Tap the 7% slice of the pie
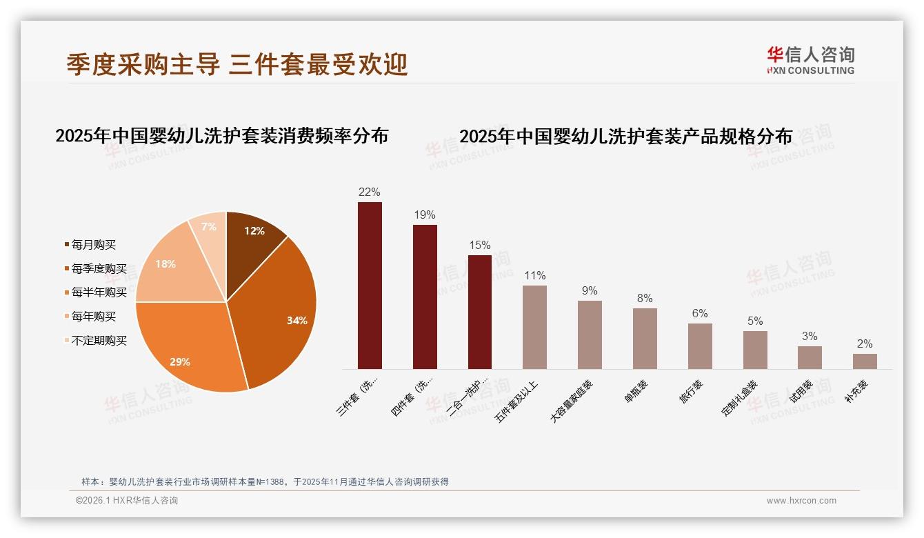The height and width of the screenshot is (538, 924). pyautogui.click(x=209, y=228)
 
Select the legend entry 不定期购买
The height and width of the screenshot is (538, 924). pyautogui.click(x=99, y=341)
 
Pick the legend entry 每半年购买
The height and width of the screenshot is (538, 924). pyautogui.click(x=99, y=292)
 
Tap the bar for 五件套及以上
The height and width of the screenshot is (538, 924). pyautogui.click(x=534, y=327)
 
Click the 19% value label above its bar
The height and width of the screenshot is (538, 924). pyautogui.click(x=425, y=215)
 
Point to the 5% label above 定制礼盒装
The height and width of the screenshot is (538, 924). pyautogui.click(x=755, y=321)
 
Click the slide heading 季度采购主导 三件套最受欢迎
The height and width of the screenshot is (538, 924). pyautogui.click(x=237, y=64)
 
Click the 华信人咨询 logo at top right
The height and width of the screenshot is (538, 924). pyautogui.click(x=810, y=60)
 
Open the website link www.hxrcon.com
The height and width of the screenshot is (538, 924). pyautogui.click(x=801, y=501)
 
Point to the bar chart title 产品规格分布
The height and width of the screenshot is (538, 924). pyautogui.click(x=625, y=136)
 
